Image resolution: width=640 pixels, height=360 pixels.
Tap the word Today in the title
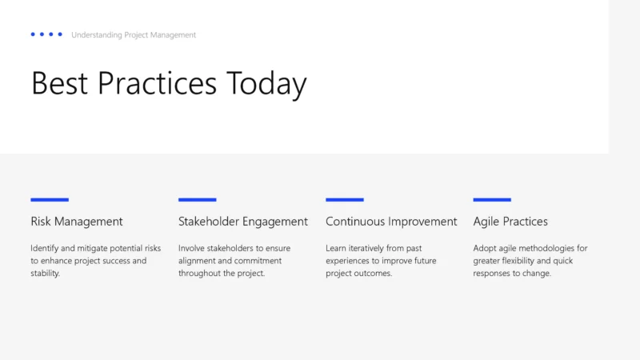click(266, 84)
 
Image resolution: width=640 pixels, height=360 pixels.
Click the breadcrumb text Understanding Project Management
click(134, 35)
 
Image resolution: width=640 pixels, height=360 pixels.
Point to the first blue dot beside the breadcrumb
click(33, 34)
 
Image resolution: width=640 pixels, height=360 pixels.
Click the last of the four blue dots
click(60, 34)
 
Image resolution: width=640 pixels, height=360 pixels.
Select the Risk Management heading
click(77, 222)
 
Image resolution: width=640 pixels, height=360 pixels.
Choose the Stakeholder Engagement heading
click(242, 222)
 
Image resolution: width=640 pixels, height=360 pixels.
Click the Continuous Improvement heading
click(391, 222)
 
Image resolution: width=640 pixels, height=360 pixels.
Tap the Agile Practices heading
click(510, 222)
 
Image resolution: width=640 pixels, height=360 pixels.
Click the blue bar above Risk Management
click(50, 199)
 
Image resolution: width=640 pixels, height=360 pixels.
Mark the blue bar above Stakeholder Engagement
click(197, 199)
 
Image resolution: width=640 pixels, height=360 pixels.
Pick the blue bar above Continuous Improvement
click(345, 199)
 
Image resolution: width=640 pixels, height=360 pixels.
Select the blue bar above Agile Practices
click(492, 199)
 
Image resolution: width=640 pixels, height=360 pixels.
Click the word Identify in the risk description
click(44, 248)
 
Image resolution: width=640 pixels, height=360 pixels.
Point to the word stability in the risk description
click(45, 274)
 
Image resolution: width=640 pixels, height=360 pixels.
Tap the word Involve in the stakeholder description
click(191, 248)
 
